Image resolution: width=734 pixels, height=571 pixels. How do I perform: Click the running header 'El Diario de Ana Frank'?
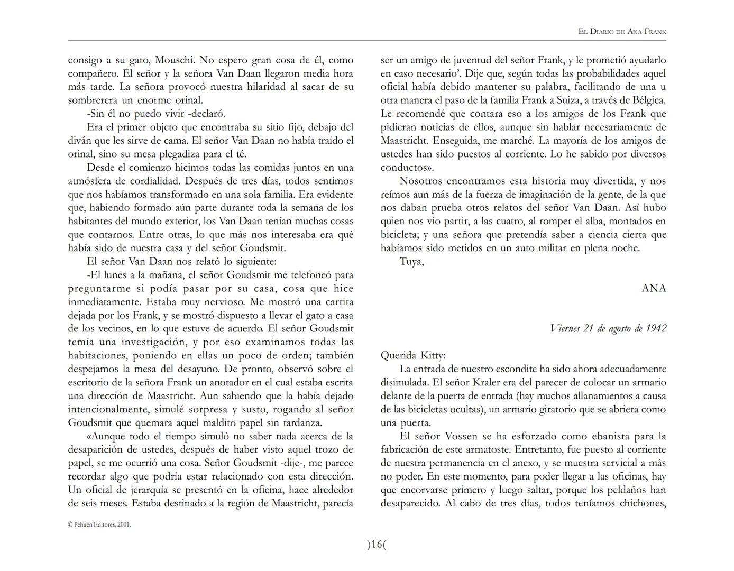(x=622, y=32)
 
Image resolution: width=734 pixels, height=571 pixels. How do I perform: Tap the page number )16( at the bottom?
(x=377, y=544)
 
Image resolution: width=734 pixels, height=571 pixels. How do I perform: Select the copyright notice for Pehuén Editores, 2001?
(x=99, y=524)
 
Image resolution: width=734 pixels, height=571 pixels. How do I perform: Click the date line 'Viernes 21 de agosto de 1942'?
(x=608, y=328)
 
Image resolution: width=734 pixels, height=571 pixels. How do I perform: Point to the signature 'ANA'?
(x=654, y=288)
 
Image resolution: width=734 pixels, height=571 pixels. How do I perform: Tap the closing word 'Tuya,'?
(x=411, y=261)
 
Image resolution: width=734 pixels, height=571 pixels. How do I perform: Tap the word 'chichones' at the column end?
(x=637, y=503)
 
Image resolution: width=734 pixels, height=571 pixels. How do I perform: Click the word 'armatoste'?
(x=474, y=449)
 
